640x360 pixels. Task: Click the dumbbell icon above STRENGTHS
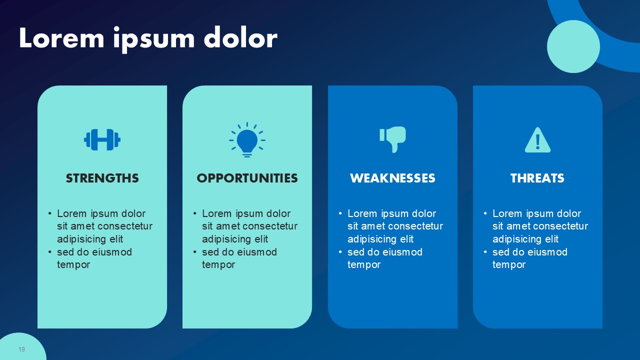click(x=102, y=139)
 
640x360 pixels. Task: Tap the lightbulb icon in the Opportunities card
click(x=247, y=140)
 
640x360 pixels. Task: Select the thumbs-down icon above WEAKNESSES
click(x=392, y=139)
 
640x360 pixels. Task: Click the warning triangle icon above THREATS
click(x=537, y=140)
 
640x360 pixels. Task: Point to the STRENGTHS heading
click(x=102, y=178)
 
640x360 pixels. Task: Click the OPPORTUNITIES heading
click(x=247, y=178)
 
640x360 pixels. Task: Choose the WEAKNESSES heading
click(x=392, y=178)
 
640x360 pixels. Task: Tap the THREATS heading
click(x=537, y=178)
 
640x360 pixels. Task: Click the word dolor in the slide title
click(x=240, y=38)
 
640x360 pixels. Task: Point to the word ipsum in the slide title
click(x=154, y=40)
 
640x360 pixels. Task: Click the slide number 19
click(x=21, y=349)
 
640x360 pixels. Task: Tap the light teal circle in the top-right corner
click(x=573, y=46)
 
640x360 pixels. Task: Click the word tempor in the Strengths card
click(x=73, y=265)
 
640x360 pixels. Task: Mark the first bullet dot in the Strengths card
click(x=50, y=213)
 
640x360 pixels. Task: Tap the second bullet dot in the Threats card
click(x=485, y=252)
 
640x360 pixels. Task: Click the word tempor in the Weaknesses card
click(x=364, y=265)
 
